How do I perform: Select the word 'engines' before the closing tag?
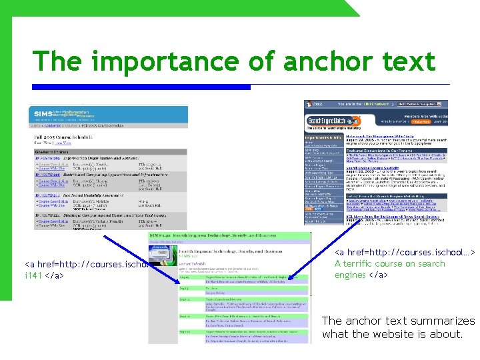pos(351,275)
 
